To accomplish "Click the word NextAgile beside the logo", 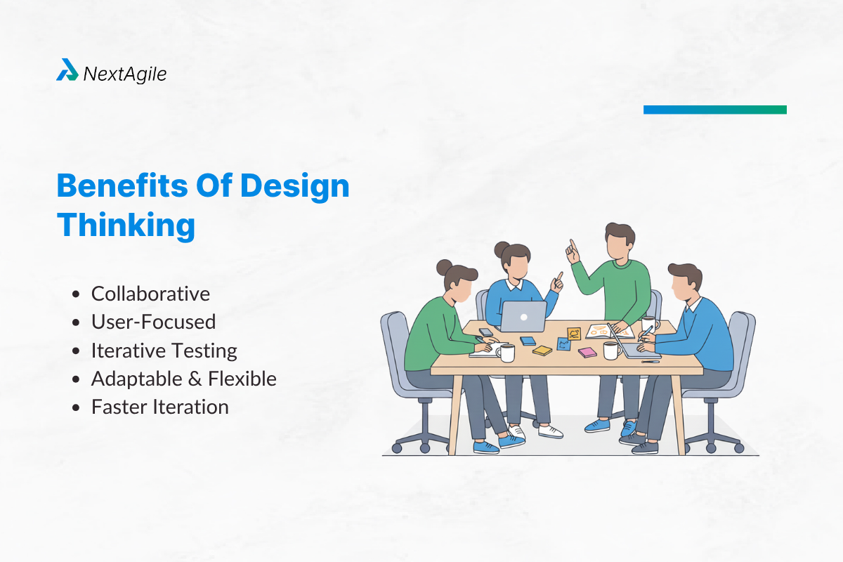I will tap(124, 73).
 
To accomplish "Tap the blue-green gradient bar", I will tap(714, 110).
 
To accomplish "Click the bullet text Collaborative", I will tap(150, 294).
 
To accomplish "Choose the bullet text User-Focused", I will tap(153, 322).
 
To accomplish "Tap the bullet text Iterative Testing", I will tap(164, 351).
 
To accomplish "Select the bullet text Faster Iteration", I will tap(159, 407).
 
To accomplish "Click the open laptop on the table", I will tap(523, 316).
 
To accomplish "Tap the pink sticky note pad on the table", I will tap(587, 352).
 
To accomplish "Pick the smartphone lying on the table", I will tap(486, 332).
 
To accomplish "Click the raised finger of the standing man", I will tap(572, 245).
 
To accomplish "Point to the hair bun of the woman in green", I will tap(444, 267).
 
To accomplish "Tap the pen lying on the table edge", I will tap(650, 361).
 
